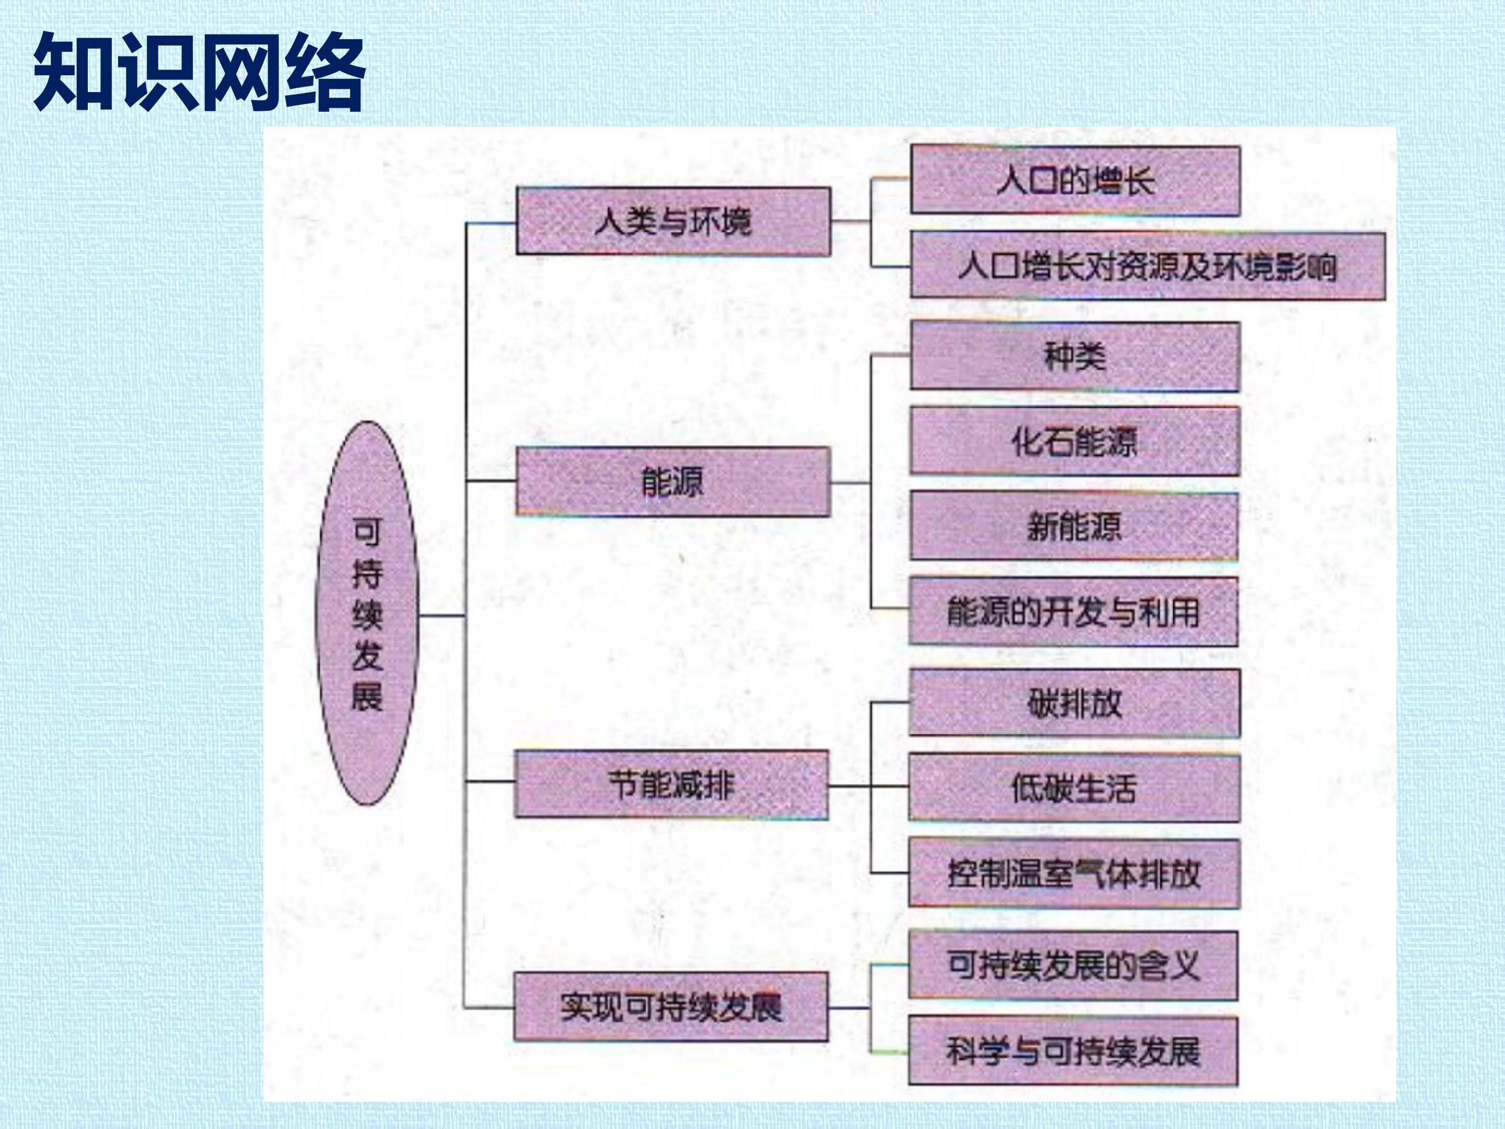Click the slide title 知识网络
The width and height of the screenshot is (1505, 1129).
click(x=199, y=72)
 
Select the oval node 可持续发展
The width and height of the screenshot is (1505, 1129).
click(x=367, y=613)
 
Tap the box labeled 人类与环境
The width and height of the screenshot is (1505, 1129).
click(x=673, y=221)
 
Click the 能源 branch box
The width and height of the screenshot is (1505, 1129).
click(x=673, y=482)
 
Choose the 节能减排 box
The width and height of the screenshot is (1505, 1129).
click(x=672, y=785)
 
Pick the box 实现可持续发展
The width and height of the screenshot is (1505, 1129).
click(x=671, y=1007)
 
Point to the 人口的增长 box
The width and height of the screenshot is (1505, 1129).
click(x=1075, y=181)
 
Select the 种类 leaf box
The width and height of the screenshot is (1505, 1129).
click(x=1075, y=356)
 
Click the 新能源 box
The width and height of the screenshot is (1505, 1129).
click(x=1074, y=526)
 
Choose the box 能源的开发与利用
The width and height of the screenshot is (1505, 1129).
click(x=1074, y=611)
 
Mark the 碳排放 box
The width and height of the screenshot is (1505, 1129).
click(x=1074, y=703)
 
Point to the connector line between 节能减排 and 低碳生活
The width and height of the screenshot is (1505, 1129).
click(x=869, y=786)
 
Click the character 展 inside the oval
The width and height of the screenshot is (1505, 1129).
click(x=367, y=696)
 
